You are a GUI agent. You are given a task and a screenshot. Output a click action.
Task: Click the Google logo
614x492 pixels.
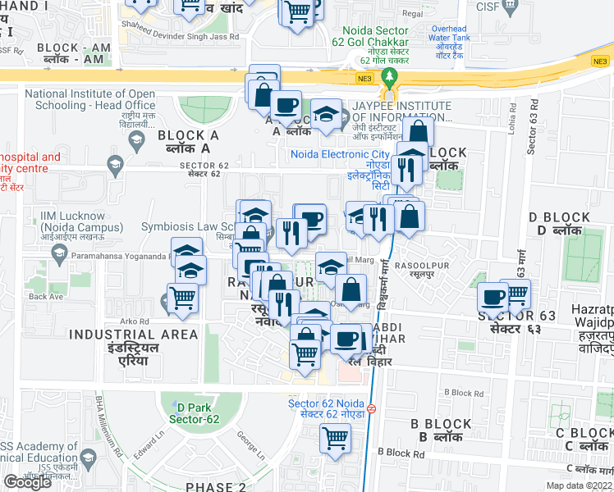[27, 481]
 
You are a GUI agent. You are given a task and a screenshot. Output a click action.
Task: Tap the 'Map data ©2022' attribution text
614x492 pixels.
[579, 485]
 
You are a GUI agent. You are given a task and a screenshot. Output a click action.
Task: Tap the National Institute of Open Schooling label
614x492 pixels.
[90, 99]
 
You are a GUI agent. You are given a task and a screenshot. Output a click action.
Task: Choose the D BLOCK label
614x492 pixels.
[560, 223]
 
